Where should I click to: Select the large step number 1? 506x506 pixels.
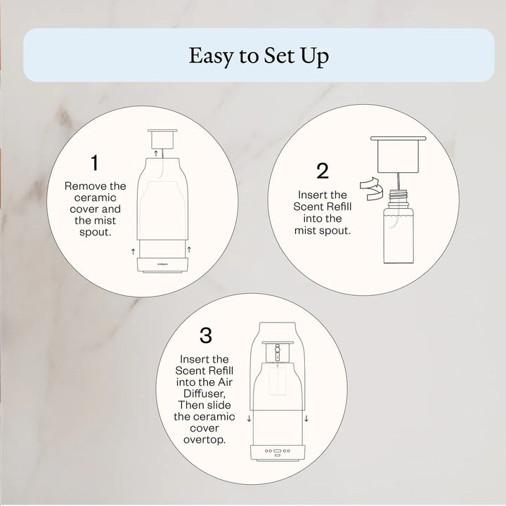coord(95,163)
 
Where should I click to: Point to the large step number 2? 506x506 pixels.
coord(323,171)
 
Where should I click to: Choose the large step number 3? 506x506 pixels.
coord(205,335)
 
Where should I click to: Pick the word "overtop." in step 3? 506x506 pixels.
coord(205,439)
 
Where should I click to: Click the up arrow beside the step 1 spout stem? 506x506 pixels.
coord(156,153)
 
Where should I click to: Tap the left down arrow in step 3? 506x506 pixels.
coord(249,419)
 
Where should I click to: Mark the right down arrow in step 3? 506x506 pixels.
coord(306,419)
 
